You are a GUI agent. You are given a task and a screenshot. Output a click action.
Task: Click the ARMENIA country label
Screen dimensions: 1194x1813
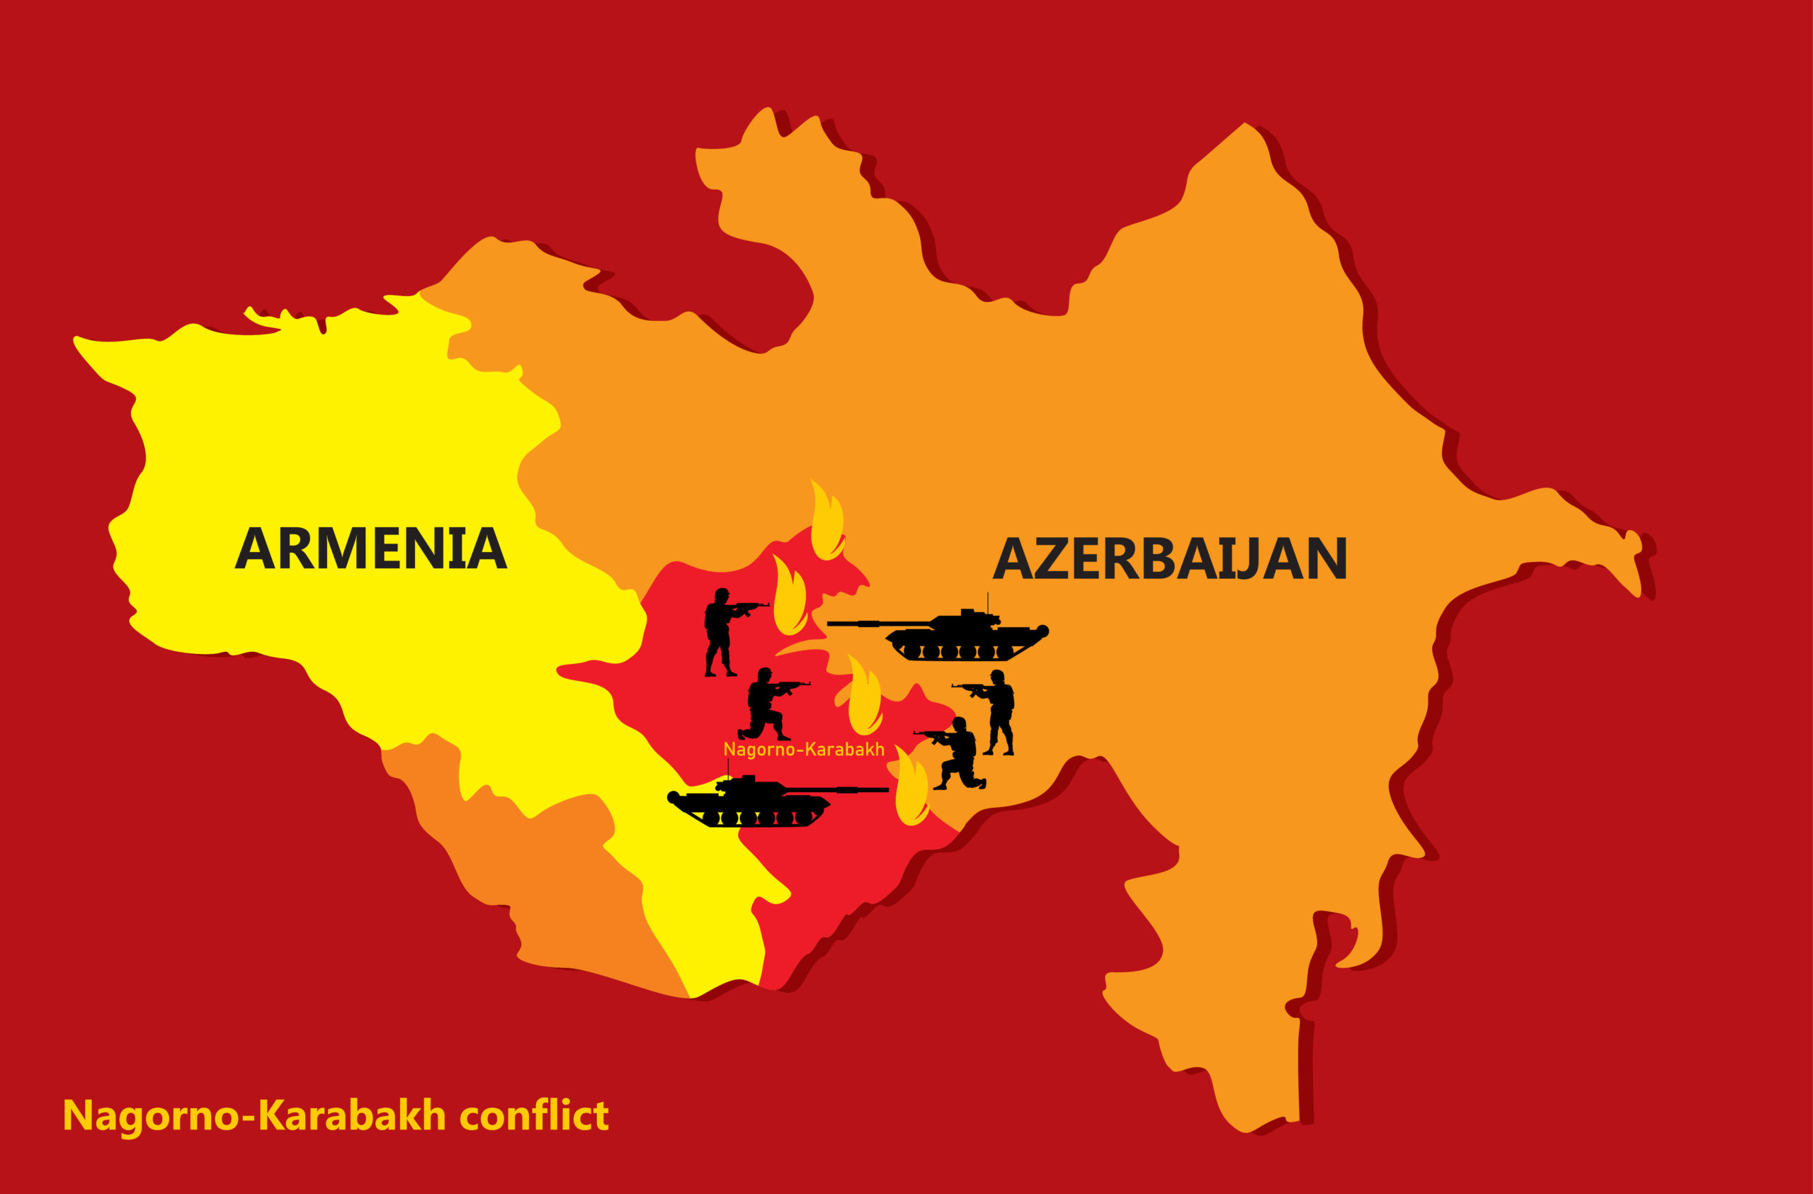pos(370,548)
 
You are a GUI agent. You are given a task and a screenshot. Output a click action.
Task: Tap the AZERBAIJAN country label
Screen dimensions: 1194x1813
pos(1170,558)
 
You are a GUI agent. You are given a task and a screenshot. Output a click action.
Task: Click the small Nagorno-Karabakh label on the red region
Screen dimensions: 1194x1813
pos(804,750)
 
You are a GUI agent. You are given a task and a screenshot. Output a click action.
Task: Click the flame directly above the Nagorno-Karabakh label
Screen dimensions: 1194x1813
pos(865,697)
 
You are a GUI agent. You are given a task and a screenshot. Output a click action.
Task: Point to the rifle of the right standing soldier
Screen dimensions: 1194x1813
pos(970,687)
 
